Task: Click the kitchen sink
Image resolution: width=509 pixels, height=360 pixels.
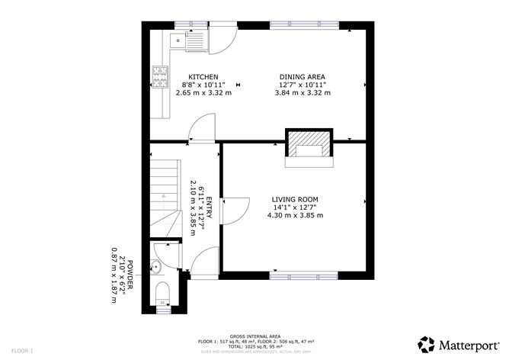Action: coord(190,40)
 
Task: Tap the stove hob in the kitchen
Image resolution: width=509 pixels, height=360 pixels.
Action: coord(161,75)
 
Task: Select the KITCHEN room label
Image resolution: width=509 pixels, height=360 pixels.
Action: coord(203,77)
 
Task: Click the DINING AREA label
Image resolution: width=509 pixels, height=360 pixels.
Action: coord(303,77)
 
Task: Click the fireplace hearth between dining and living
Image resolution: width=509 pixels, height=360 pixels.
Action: coord(309,146)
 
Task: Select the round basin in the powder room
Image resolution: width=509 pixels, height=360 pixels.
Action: coord(155,266)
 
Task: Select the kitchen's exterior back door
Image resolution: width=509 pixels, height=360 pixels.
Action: coord(222,40)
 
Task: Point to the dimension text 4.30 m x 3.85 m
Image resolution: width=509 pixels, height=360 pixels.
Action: coord(295,215)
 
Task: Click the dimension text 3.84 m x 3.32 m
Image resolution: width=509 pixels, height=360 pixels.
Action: coord(303,93)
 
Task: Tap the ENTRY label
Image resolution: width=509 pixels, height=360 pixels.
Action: coord(208,211)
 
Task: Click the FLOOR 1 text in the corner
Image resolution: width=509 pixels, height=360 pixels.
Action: coord(21,351)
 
